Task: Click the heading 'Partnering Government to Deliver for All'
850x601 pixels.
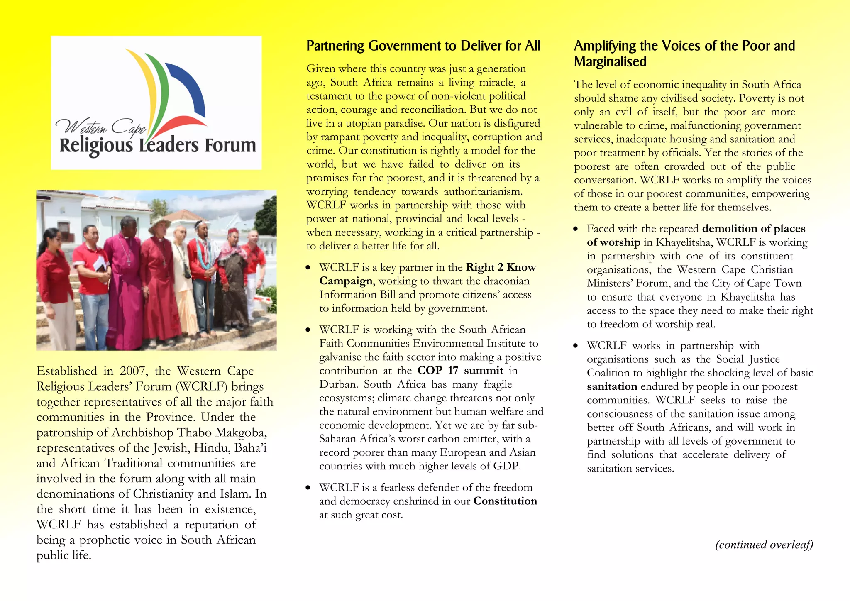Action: point(423,46)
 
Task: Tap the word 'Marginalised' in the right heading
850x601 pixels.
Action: point(610,62)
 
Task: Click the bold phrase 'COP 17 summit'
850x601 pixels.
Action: point(460,370)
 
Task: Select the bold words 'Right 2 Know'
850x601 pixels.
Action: point(501,267)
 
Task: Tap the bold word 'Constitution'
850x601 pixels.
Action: point(505,501)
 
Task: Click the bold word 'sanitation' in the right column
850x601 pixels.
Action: point(612,386)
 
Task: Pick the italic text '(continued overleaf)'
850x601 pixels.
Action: point(764,545)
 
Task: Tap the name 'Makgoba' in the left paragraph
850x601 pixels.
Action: point(242,432)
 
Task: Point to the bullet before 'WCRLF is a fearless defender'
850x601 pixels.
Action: point(308,488)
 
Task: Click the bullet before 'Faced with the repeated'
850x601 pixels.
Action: point(575,229)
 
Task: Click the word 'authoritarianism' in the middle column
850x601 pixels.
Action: point(482,191)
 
